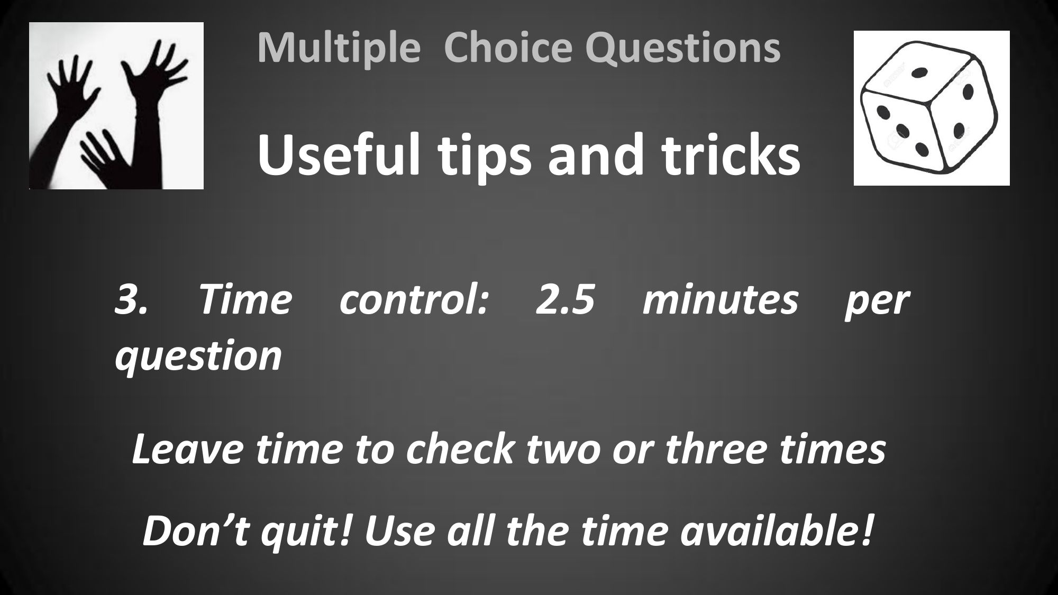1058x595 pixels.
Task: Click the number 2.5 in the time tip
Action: (565, 300)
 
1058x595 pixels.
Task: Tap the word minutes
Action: (720, 300)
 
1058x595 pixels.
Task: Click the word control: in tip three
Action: (414, 300)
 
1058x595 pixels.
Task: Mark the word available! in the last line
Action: (776, 532)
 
